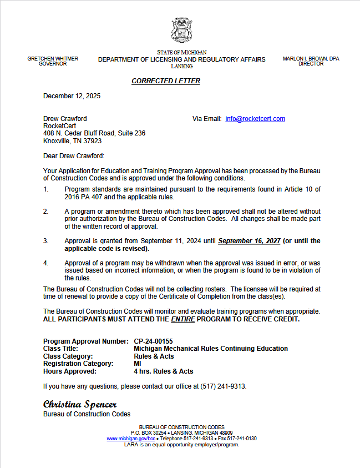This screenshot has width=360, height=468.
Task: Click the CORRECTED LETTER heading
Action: tap(166, 81)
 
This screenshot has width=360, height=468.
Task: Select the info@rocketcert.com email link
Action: tap(255, 119)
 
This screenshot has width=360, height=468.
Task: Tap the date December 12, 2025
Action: tap(72, 96)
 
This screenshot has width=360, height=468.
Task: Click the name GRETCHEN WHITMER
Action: tap(53, 58)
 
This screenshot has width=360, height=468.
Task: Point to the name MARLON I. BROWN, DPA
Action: tap(311, 58)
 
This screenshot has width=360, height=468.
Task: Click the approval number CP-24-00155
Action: tap(157, 341)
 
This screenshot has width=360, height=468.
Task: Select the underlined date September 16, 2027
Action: tap(249, 241)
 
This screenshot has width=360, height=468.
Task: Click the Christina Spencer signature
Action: tap(80, 404)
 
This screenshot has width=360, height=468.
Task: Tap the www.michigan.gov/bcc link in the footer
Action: tap(127, 439)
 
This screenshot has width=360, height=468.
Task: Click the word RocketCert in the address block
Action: tap(60, 126)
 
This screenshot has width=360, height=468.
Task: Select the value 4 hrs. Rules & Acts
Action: tap(164, 371)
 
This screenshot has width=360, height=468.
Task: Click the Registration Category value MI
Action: tap(138, 364)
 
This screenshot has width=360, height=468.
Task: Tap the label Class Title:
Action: tap(61, 349)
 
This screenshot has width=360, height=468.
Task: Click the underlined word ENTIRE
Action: tap(182, 319)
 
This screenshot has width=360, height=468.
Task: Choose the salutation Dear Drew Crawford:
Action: tap(74, 156)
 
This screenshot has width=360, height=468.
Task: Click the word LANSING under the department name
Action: tap(182, 66)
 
